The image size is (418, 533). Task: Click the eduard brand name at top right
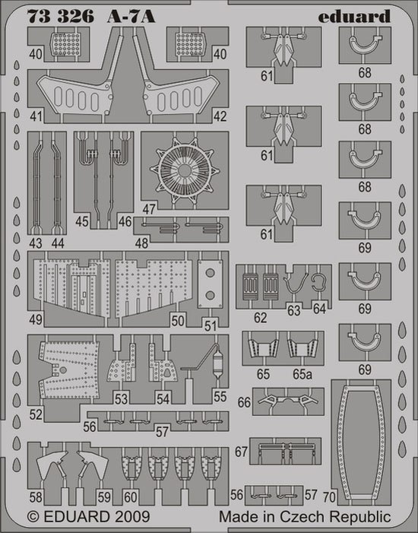[x=354, y=16]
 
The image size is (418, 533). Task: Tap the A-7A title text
[x=131, y=16]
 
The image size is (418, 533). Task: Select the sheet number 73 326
[x=61, y=16]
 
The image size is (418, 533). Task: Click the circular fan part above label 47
[x=185, y=170]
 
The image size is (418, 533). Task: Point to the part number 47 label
[x=149, y=209]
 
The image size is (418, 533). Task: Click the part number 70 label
[x=329, y=497]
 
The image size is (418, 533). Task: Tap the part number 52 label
[x=36, y=414]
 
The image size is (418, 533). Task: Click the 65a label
[x=302, y=374]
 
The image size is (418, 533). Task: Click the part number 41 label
[x=36, y=116]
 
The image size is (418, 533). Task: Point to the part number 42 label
[x=220, y=116]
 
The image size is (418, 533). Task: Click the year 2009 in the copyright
[x=132, y=517]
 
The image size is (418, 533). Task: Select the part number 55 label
[x=220, y=396]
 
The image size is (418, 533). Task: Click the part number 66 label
[x=244, y=402]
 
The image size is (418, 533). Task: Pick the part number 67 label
[x=241, y=452]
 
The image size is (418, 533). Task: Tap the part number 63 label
[x=294, y=310]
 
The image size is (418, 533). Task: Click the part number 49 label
[x=36, y=319]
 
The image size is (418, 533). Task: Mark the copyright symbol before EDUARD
[x=33, y=517]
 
